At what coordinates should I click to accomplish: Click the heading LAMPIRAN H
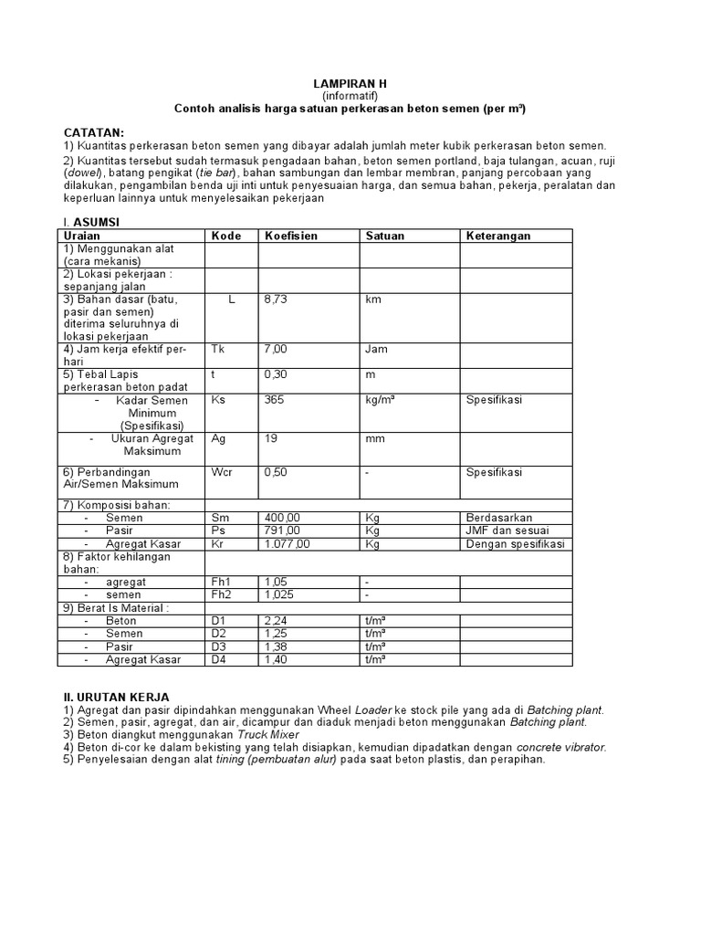point(350,83)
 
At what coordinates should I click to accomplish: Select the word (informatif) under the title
point(350,95)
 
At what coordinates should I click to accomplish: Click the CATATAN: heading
point(92,132)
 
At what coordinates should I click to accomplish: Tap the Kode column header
point(226,236)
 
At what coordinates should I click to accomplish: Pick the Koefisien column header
point(291,236)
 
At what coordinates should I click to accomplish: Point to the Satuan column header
point(384,236)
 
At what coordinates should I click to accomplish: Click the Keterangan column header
point(498,236)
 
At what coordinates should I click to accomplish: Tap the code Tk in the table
point(217,349)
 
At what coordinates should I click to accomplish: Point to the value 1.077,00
point(288,543)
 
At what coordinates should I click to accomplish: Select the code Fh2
point(222,594)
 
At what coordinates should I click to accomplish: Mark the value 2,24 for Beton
point(276,621)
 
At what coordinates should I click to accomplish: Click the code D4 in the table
point(219,659)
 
